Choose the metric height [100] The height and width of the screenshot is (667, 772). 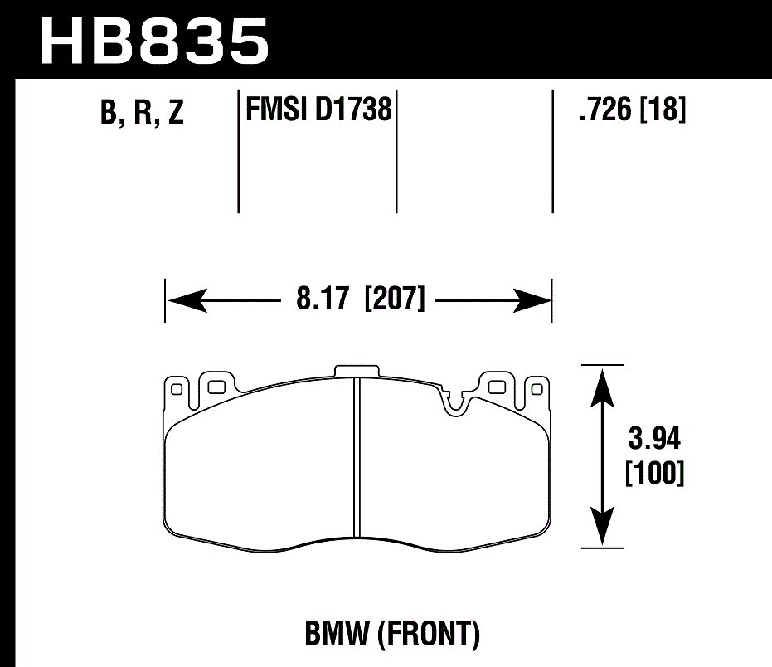point(653,474)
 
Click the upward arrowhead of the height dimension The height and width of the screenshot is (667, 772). point(603,382)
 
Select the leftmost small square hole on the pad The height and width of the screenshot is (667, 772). point(175,387)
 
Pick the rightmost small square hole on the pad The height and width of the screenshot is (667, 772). point(536,387)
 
